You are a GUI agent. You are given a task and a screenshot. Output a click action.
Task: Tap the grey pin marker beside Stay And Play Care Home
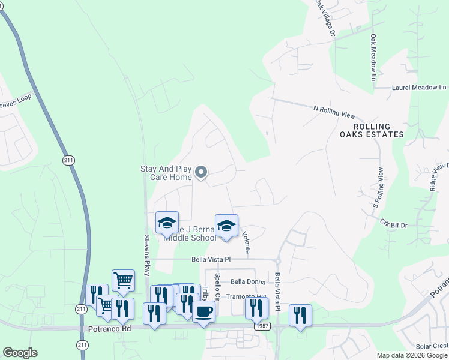(202, 173)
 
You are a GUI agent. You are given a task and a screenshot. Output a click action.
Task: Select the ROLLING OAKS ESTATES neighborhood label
(379, 130)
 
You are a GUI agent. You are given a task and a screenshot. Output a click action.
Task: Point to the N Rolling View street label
(334, 112)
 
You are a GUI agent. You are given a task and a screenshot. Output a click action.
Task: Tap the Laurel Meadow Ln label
(418, 88)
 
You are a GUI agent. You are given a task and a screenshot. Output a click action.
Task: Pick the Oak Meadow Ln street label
(373, 58)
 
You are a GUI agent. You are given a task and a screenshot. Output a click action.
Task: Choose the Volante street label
(246, 240)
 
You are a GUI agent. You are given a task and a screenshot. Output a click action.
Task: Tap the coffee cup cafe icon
(203, 312)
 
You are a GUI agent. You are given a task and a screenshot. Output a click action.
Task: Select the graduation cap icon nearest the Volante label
(226, 226)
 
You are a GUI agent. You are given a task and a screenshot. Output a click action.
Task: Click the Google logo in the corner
(20, 353)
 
